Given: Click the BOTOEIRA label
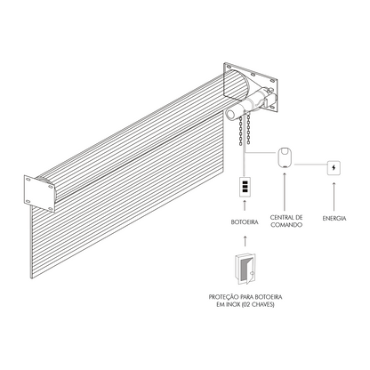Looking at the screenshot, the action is pyautogui.click(x=245, y=222).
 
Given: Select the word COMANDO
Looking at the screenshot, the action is pyautogui.click(x=286, y=225).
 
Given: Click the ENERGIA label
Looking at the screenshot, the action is pyautogui.click(x=334, y=219).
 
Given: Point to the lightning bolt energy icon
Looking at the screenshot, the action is pyautogui.click(x=334, y=168).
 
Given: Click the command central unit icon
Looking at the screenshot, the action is pyautogui.click(x=286, y=158).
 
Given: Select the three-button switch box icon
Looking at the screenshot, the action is pyautogui.click(x=245, y=187).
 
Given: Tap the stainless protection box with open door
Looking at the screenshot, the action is pyautogui.click(x=245, y=269).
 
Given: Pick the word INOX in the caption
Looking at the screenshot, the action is pyautogui.click(x=234, y=304).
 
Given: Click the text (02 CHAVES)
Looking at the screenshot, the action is pyautogui.click(x=259, y=304).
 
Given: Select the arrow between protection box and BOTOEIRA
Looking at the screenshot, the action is pyautogui.click(x=245, y=241).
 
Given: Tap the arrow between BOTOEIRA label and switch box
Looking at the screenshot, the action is pyautogui.click(x=245, y=205).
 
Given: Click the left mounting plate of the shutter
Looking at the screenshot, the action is pyautogui.click(x=39, y=193).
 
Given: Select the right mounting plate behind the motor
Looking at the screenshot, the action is pyautogui.click(x=251, y=87).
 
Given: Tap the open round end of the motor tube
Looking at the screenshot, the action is pyautogui.click(x=229, y=114).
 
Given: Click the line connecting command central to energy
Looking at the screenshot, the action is pyautogui.click(x=310, y=164).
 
